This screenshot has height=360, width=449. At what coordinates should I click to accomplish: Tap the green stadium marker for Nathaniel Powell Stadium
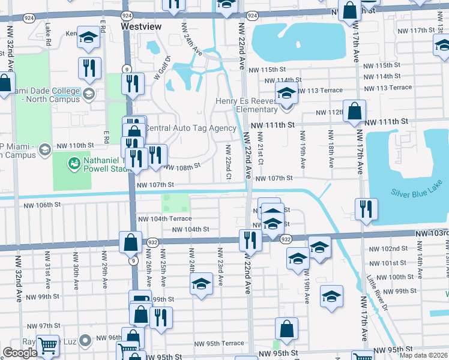click(74, 163)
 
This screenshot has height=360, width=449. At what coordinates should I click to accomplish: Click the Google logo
click(20, 353)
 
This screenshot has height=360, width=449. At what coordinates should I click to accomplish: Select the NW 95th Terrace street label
click(218, 344)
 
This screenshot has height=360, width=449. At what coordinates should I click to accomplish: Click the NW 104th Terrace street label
click(164, 219)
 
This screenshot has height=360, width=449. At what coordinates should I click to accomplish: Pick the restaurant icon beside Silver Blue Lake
click(366, 209)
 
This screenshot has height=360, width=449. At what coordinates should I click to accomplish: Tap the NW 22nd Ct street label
click(229, 161)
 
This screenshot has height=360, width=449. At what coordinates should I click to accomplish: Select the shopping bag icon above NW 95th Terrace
click(287, 328)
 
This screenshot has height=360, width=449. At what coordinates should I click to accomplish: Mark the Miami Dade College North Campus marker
click(88, 94)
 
